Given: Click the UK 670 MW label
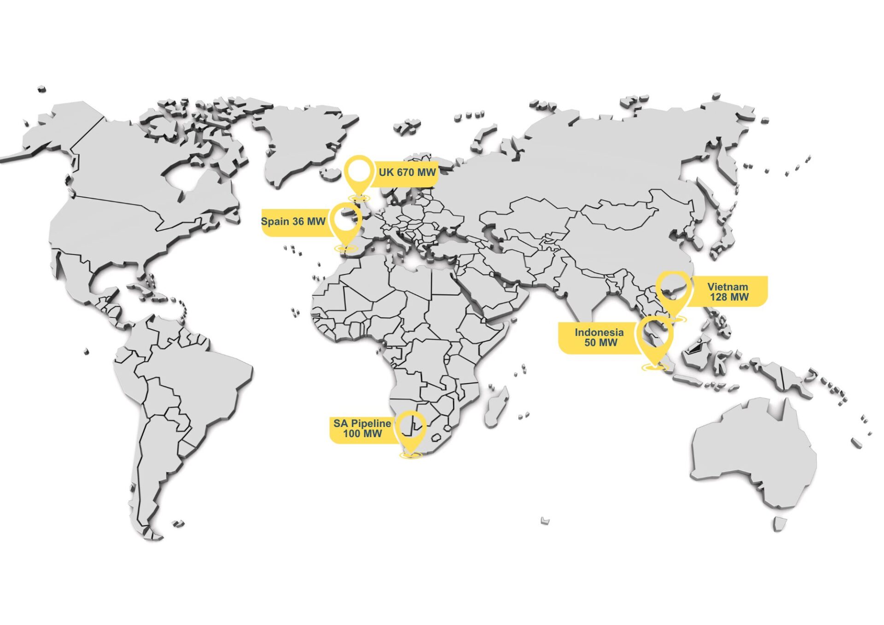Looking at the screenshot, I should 407,173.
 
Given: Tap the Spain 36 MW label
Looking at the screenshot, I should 293,222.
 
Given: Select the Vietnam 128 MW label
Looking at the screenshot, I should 729,292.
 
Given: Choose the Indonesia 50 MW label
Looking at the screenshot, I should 599,338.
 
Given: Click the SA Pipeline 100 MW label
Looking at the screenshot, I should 362,429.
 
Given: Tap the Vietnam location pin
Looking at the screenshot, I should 673,290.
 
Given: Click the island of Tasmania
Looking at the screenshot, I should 779,524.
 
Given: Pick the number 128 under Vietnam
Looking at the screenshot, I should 719,298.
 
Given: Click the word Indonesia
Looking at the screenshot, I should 599,333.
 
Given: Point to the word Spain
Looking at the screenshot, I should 275,222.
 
